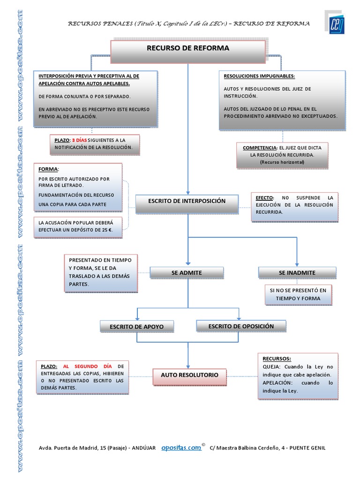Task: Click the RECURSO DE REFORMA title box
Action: pyautogui.click(x=187, y=48)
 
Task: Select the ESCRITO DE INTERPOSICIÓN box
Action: pyautogui.click(x=187, y=201)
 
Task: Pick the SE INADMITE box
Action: pyautogui.click(x=297, y=272)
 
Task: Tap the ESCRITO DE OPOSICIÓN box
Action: pyautogui.click(x=240, y=326)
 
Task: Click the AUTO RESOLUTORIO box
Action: pyautogui.click(x=189, y=375)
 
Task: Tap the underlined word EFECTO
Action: pyautogui.click(x=264, y=198)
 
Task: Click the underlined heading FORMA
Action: pyautogui.click(x=48, y=169)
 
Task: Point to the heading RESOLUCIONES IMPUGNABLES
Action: pyautogui.click(x=259, y=76)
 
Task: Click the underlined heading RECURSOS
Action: pyautogui.click(x=277, y=358)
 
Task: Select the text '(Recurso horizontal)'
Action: pyautogui.click(x=282, y=162)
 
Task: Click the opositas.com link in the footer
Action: pyautogui.click(x=181, y=448)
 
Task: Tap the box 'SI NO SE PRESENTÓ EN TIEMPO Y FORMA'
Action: pyautogui.click(x=298, y=294)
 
